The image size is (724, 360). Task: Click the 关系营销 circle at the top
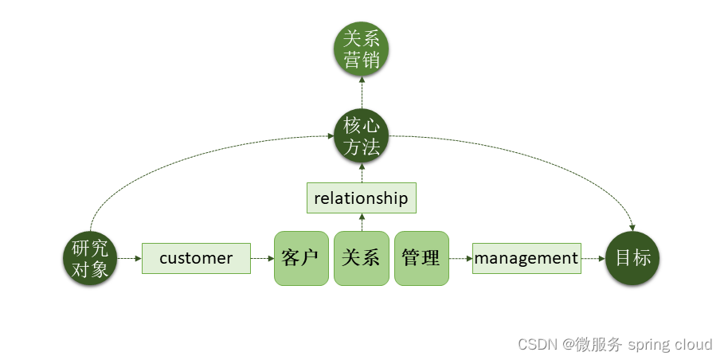[x=361, y=49]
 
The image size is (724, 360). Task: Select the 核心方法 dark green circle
[x=361, y=136]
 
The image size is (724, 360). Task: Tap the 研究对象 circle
[x=90, y=259]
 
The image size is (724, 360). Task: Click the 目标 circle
[x=632, y=258]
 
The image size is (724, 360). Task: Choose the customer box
[x=196, y=258]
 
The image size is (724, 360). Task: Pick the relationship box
[x=361, y=198]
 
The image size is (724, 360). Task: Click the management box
[x=526, y=258]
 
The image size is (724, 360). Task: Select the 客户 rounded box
[x=301, y=258]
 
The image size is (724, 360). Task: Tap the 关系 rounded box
[x=361, y=258]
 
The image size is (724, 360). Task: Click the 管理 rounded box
[x=421, y=258]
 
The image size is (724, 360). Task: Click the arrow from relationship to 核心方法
[x=361, y=173]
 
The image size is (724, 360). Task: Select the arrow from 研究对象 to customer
[x=129, y=259]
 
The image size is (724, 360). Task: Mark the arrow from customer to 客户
[x=262, y=259]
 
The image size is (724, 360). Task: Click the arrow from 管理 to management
[x=460, y=259]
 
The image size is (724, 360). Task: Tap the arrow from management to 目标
[x=593, y=259]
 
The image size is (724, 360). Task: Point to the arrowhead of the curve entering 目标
[x=632, y=226]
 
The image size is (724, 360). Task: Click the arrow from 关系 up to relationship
[x=361, y=221]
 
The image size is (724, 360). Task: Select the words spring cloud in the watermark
[x=670, y=344]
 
